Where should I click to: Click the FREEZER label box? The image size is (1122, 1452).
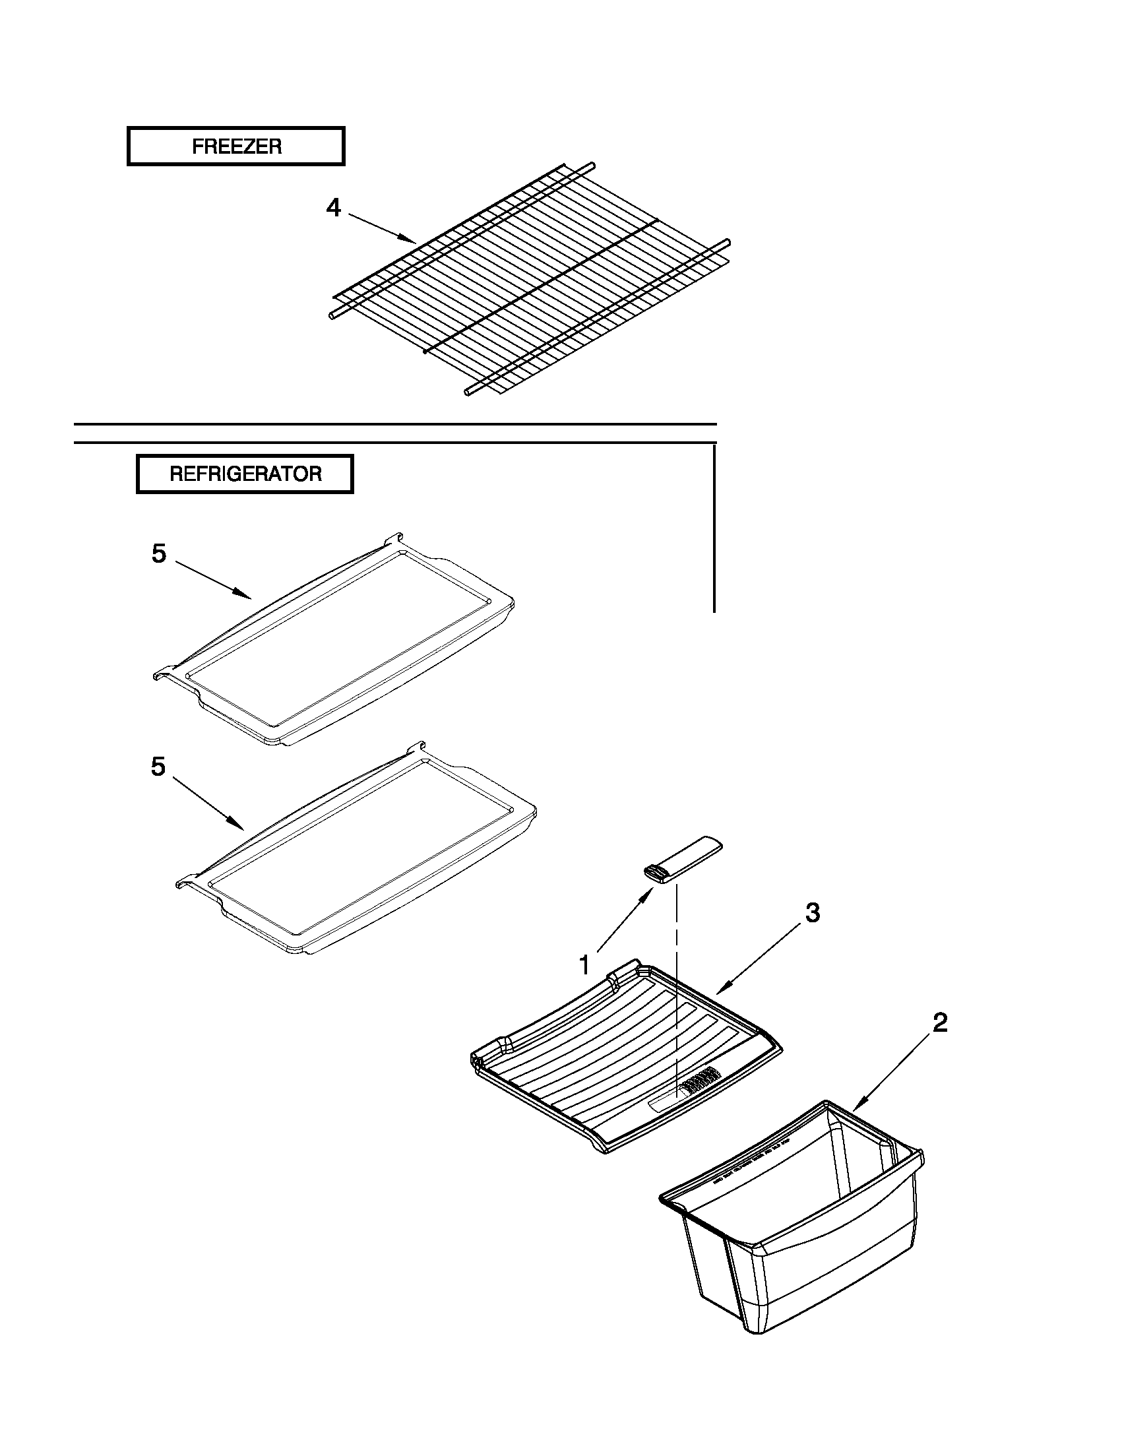pyautogui.click(x=236, y=146)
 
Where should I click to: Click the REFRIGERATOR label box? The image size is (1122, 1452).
pyautogui.click(x=245, y=474)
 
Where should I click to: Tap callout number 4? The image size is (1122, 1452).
pyautogui.click(x=333, y=208)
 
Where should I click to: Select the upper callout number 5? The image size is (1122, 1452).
pyautogui.click(x=158, y=553)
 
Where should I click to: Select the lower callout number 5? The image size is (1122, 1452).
pyautogui.click(x=158, y=767)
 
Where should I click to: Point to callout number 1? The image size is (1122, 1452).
pyautogui.click(x=584, y=964)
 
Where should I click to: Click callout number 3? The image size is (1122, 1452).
pyautogui.click(x=812, y=913)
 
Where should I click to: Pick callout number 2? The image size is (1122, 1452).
pyautogui.click(x=939, y=1023)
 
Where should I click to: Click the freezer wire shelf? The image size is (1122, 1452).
pyautogui.click(x=532, y=279)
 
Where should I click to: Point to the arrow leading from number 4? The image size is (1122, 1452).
pyautogui.click(x=382, y=228)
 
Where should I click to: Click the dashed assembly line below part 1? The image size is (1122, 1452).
pyautogui.click(x=677, y=984)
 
